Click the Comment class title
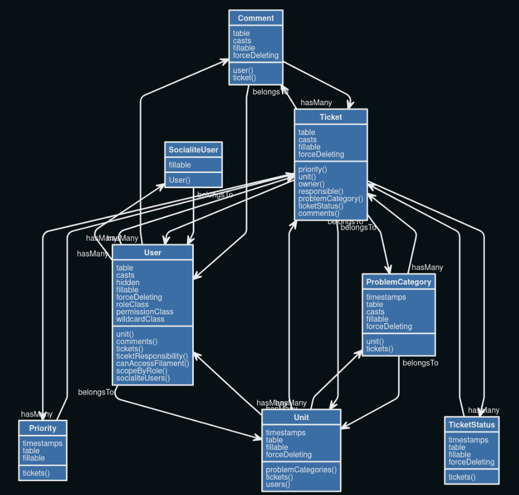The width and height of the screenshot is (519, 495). coord(256,18)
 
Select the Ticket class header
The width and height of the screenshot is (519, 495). coord(331,117)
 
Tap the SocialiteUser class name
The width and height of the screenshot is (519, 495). coord(193,150)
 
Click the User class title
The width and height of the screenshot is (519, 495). coord(153,252)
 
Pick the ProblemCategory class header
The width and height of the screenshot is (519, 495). coord(398,281)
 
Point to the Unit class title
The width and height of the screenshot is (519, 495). coord(301,417)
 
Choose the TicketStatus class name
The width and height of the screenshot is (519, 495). coord(472,425)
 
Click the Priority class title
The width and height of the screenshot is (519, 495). coord(43,428)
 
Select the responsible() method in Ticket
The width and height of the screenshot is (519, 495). coord(321,191)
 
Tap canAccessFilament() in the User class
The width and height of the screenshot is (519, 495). coord(153,363)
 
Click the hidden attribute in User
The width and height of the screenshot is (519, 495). coord(128,282)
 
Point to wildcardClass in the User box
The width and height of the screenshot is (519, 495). coord(140,319)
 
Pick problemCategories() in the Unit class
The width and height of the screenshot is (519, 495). coord(301,470)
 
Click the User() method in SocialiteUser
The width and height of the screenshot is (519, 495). coord(180,180)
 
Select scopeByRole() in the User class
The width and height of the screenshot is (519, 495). coord(142,371)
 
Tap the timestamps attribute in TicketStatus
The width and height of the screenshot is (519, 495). coord(468,440)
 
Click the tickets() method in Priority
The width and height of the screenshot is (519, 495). coord(36,473)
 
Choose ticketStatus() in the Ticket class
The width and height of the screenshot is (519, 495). coord(321,206)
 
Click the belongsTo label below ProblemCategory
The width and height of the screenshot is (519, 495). coord(420,363)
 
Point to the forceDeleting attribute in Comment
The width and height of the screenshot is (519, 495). coord(256,55)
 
